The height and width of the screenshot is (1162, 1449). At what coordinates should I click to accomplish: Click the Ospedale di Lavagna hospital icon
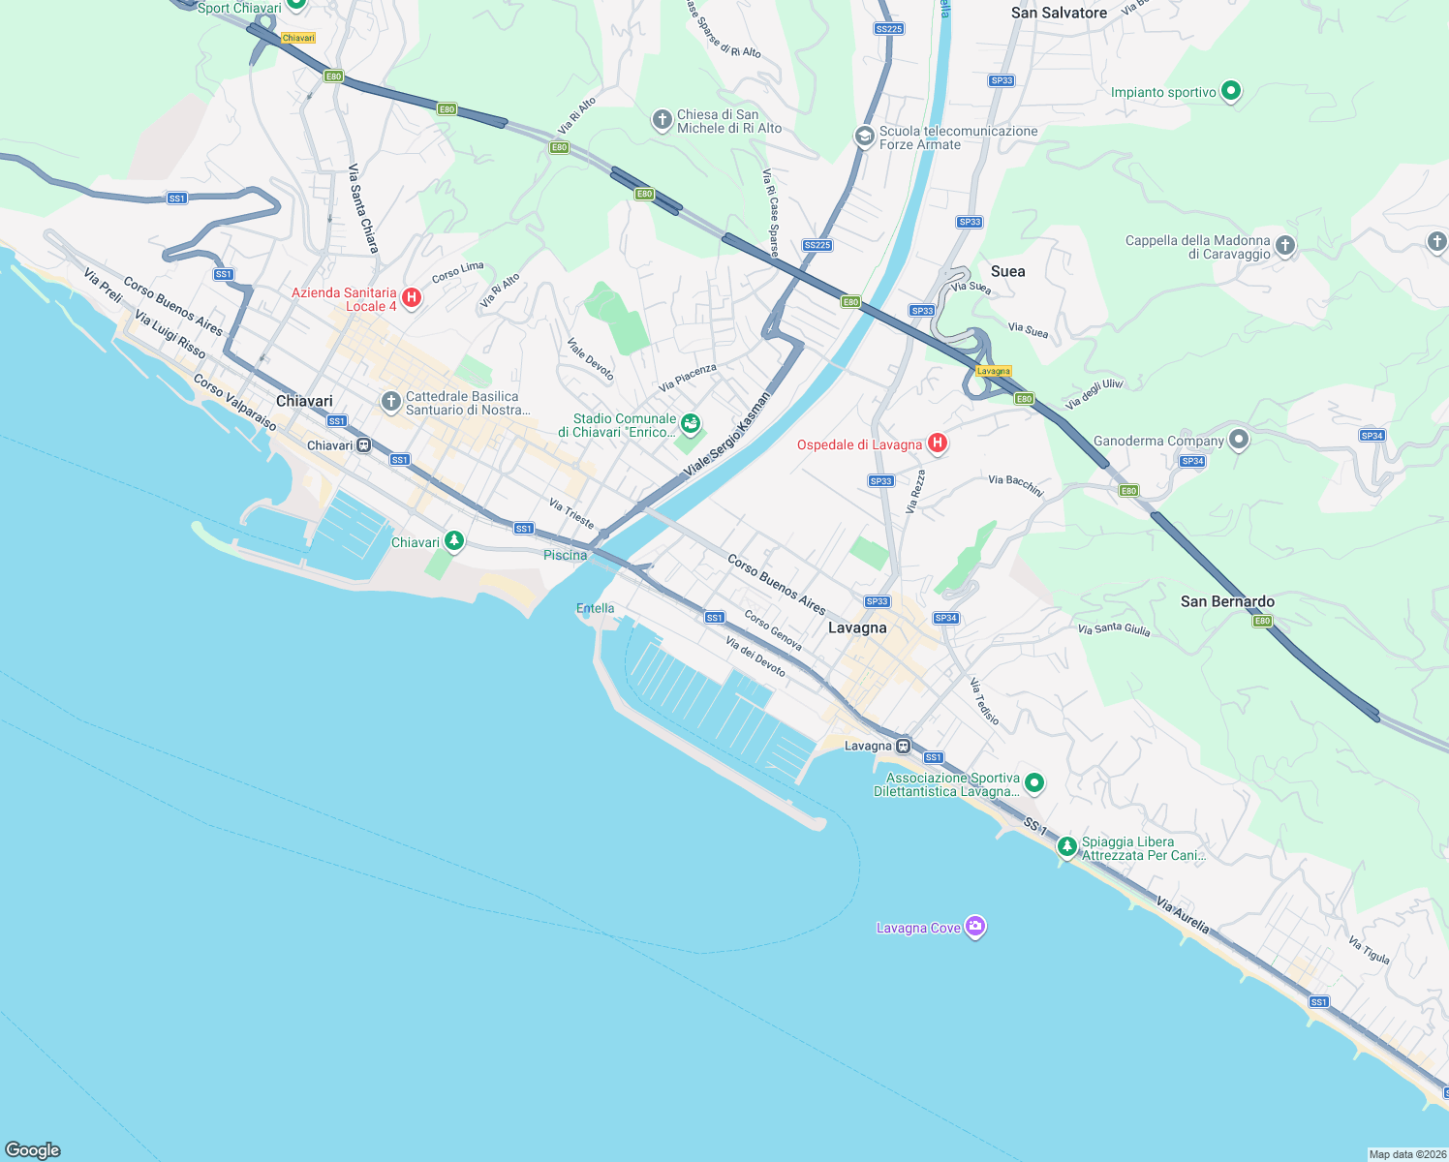pyautogui.click(x=937, y=443)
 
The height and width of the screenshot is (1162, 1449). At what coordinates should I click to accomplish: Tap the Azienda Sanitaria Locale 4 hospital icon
pyautogui.click(x=412, y=298)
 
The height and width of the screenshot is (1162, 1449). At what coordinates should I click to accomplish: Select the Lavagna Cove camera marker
pyautogui.click(x=975, y=927)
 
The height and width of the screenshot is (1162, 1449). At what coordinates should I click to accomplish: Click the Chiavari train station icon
pyautogui.click(x=364, y=445)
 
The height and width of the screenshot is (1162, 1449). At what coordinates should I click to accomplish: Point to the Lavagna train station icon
pyautogui.click(x=903, y=746)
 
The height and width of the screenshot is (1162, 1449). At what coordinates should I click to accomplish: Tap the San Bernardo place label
pyautogui.click(x=1227, y=601)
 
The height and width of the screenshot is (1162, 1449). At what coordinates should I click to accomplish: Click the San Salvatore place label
pyautogui.click(x=1059, y=13)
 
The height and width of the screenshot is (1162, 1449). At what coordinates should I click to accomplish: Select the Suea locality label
pyautogui.click(x=1007, y=271)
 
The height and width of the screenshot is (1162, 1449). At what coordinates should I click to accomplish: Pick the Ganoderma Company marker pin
pyautogui.click(x=1239, y=441)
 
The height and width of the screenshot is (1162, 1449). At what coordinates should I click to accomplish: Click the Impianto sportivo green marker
pyautogui.click(x=1231, y=91)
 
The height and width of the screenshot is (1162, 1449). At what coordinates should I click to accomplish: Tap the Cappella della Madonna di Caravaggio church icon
pyautogui.click(x=1285, y=246)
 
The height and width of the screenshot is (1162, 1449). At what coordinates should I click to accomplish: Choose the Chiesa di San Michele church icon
pyautogui.click(x=662, y=120)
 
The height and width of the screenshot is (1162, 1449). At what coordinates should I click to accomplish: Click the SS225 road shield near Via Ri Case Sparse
pyautogui.click(x=817, y=245)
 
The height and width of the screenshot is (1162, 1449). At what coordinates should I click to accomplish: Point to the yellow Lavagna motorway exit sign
pyautogui.click(x=994, y=371)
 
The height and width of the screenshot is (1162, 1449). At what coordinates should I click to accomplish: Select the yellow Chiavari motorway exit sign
pyautogui.click(x=298, y=38)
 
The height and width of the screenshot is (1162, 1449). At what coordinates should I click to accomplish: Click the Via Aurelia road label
pyautogui.click(x=1183, y=915)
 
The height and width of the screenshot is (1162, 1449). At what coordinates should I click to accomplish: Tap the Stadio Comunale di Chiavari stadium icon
pyautogui.click(x=690, y=422)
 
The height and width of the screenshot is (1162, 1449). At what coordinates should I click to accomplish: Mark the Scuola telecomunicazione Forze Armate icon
pyautogui.click(x=864, y=137)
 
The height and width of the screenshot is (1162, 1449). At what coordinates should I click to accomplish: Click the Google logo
pyautogui.click(x=33, y=1149)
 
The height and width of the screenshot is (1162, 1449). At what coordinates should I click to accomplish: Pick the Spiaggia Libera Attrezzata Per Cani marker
pyautogui.click(x=1066, y=847)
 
